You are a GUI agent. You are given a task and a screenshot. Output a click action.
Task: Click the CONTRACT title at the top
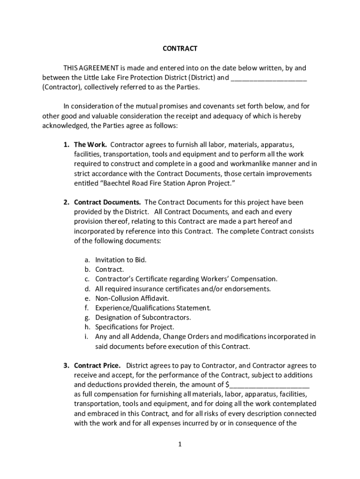tap(180, 49)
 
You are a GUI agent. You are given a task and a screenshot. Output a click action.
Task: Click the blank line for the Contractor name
tap(269, 78)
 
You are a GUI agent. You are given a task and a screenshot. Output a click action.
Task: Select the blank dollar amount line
tap(270, 385)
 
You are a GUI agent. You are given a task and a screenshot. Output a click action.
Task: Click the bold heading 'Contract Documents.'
tap(108, 202)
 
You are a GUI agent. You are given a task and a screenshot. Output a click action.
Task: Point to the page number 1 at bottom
tap(180, 445)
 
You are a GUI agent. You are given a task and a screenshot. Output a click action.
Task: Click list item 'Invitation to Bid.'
tap(121, 260)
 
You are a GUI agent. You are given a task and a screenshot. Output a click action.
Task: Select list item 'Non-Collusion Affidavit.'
tap(132, 298)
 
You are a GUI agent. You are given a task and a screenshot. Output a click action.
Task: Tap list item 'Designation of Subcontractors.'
tap(143, 317)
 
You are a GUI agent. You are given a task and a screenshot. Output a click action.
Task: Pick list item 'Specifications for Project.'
tap(135, 327)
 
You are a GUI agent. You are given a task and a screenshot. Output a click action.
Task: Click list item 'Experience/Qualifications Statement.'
tap(153, 308)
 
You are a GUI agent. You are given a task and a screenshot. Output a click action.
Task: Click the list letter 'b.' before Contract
tap(87, 269)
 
